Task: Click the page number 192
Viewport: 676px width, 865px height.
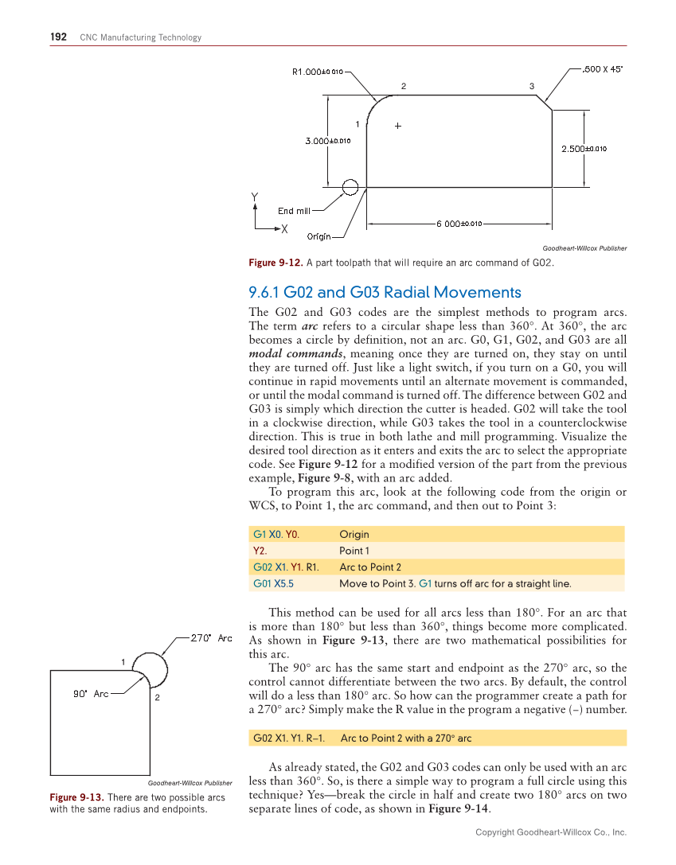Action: point(58,37)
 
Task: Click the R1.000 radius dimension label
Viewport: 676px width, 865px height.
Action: point(318,72)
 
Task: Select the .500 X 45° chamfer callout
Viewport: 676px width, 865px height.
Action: point(603,69)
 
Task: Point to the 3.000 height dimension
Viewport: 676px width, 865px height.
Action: point(328,142)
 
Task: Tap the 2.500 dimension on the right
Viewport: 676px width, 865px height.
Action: point(584,148)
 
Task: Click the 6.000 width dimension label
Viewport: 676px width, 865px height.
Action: point(460,224)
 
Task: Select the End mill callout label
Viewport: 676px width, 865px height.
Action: point(294,211)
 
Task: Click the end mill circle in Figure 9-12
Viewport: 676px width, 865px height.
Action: point(350,187)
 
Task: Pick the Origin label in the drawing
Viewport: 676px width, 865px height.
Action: point(319,236)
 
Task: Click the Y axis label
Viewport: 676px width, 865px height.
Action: point(255,197)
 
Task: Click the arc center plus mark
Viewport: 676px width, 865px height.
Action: point(397,126)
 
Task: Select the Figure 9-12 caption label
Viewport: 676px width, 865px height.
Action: point(272,263)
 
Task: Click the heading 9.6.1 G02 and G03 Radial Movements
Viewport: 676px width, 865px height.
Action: point(385,292)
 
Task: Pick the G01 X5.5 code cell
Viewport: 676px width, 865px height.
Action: point(273,583)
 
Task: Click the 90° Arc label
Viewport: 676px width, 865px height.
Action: point(91,694)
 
